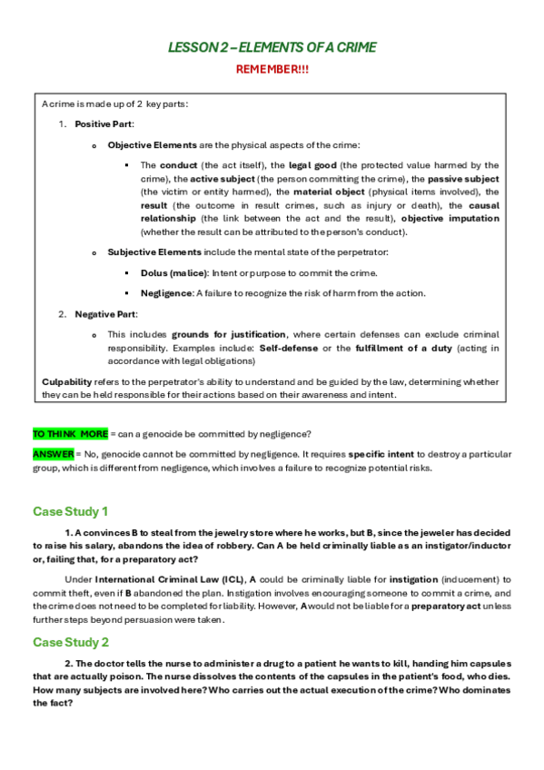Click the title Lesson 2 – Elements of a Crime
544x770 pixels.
272,47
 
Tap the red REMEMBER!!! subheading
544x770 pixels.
272,69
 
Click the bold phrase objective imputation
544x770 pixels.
450,219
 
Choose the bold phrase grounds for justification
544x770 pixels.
230,334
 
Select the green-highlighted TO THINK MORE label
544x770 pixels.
71,434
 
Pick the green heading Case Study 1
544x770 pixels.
71,511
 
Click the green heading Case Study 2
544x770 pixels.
71,643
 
